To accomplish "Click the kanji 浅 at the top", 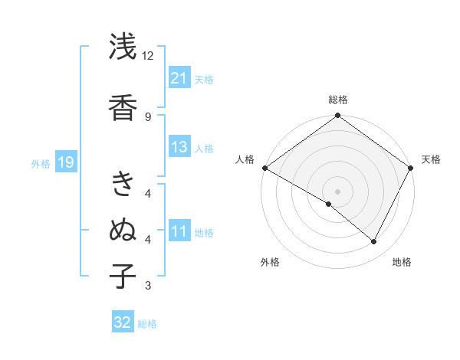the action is (x=123, y=47).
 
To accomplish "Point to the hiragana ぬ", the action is (x=123, y=231).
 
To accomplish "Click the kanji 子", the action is (x=123, y=276).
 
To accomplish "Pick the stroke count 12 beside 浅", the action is (x=148, y=56).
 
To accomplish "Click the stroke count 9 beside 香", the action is (x=148, y=116).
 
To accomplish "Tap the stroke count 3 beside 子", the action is (x=148, y=286).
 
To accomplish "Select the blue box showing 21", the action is (x=179, y=77).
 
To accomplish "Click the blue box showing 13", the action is (x=179, y=147).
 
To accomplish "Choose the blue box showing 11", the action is (x=179, y=231).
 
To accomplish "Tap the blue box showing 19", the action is (x=65, y=162).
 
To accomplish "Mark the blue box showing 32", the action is (x=123, y=322).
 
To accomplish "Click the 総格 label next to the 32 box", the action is (x=147, y=324).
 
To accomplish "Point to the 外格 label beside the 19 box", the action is (x=41, y=163).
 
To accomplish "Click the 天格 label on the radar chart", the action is (x=431, y=159).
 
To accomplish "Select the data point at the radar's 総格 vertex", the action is (x=337, y=116).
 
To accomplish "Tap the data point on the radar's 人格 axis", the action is (x=264, y=168).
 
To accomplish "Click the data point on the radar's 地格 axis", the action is (x=374, y=242).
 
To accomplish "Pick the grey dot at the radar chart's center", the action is (x=337, y=191).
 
